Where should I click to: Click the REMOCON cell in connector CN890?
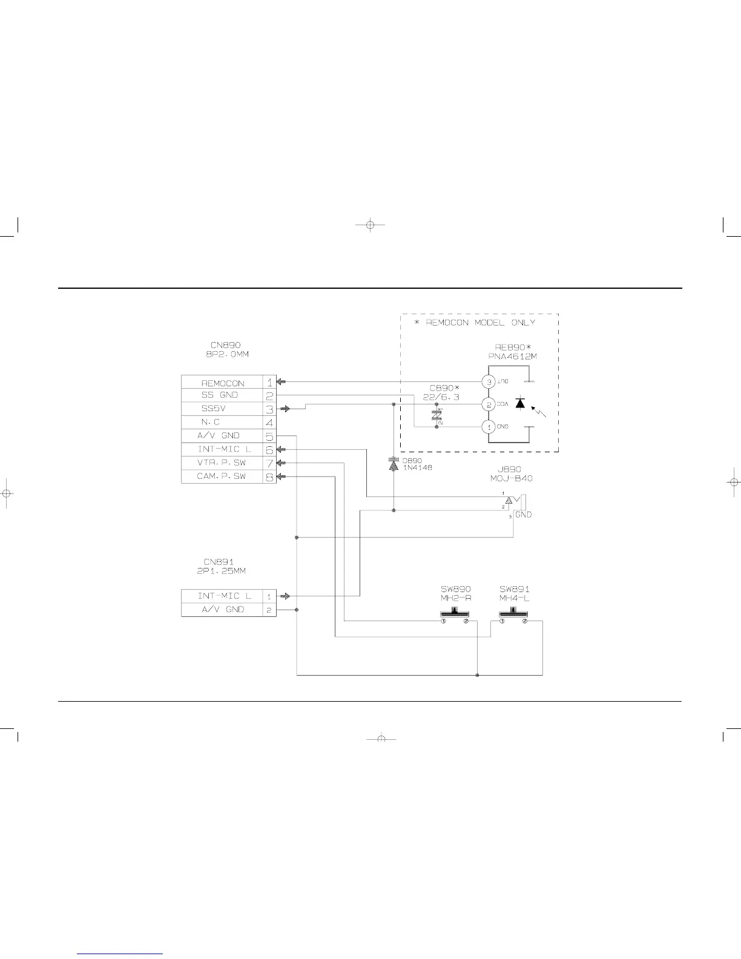pyautogui.click(x=222, y=383)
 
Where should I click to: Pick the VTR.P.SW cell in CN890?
pyautogui.click(x=222, y=463)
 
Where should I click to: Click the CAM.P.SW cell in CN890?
pyautogui.click(x=222, y=476)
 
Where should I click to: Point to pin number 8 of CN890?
pyautogui.click(x=269, y=476)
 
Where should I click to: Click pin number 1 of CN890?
pyautogui.click(x=269, y=383)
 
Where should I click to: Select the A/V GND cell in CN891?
pyautogui.click(x=222, y=610)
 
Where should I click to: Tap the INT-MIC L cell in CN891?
pyautogui.click(x=222, y=596)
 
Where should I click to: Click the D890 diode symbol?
pyautogui.click(x=394, y=465)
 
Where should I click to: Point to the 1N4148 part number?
pyautogui.click(x=417, y=468)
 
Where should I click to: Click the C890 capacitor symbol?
pyautogui.click(x=436, y=416)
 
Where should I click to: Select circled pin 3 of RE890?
pyautogui.click(x=489, y=381)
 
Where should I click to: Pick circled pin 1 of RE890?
pyautogui.click(x=489, y=427)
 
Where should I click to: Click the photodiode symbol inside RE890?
pyautogui.click(x=519, y=404)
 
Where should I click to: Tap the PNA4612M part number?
pyautogui.click(x=512, y=357)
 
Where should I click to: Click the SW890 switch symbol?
pyautogui.click(x=455, y=615)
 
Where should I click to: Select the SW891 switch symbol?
pyautogui.click(x=514, y=615)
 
